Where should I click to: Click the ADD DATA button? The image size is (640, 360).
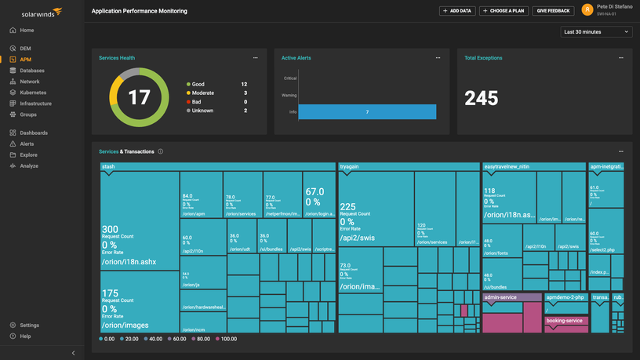[x=457, y=11]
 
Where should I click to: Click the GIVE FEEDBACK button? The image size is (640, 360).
[x=552, y=11]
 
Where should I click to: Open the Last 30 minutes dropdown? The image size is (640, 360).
[x=596, y=32]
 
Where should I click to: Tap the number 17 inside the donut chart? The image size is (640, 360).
[x=139, y=98]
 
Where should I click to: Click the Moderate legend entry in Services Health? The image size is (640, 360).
[x=203, y=93]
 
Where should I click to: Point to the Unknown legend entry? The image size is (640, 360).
[x=202, y=111]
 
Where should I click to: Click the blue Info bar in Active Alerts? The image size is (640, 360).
[x=367, y=113]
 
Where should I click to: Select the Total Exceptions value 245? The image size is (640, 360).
[x=481, y=98]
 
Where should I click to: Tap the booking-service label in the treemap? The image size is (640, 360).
[x=565, y=320]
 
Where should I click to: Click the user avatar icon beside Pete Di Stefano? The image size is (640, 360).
[x=587, y=10]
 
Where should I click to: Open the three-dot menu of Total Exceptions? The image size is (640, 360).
[x=620, y=58]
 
